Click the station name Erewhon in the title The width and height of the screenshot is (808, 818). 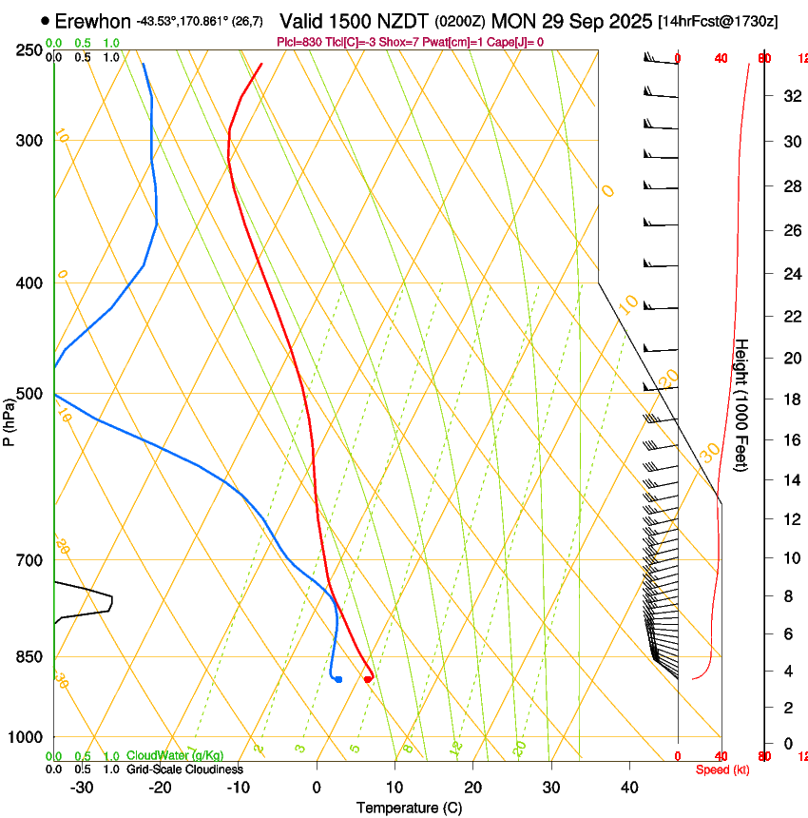92,21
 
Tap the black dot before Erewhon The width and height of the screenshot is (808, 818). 46,21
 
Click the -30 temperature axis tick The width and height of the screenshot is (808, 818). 82,787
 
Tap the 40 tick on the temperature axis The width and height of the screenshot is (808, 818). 629,787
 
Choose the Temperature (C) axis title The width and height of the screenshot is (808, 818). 409,808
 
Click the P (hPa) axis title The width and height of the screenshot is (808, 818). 10,418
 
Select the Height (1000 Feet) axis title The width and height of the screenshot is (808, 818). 742,405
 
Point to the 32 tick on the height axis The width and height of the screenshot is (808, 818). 790,96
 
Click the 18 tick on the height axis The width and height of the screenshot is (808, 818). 790,399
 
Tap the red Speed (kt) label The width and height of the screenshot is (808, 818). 722,769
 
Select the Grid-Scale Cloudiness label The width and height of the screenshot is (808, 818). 184,769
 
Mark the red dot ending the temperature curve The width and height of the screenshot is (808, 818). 368,678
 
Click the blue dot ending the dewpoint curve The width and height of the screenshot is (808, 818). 338,678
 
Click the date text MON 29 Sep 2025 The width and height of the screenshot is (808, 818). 572,21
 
